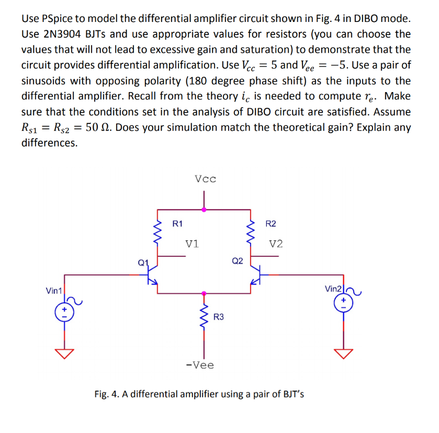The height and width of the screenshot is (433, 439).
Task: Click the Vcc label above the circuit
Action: pos(205,179)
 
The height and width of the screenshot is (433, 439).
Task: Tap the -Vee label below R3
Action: pos(200,365)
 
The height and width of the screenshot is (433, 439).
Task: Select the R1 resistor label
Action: pos(177,224)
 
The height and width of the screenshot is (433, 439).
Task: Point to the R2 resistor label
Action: pos(271,224)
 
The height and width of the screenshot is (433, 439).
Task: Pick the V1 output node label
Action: pos(192,244)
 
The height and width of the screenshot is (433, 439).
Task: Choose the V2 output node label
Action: pos(276,244)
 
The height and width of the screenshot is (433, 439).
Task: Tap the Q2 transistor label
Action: pos(237,261)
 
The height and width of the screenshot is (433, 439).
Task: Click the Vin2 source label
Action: pos(333,289)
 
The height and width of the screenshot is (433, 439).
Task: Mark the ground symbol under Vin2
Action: pos(344,354)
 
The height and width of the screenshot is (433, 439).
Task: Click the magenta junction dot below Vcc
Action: pos(204,209)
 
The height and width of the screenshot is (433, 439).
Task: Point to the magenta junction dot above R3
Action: pos(204,293)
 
